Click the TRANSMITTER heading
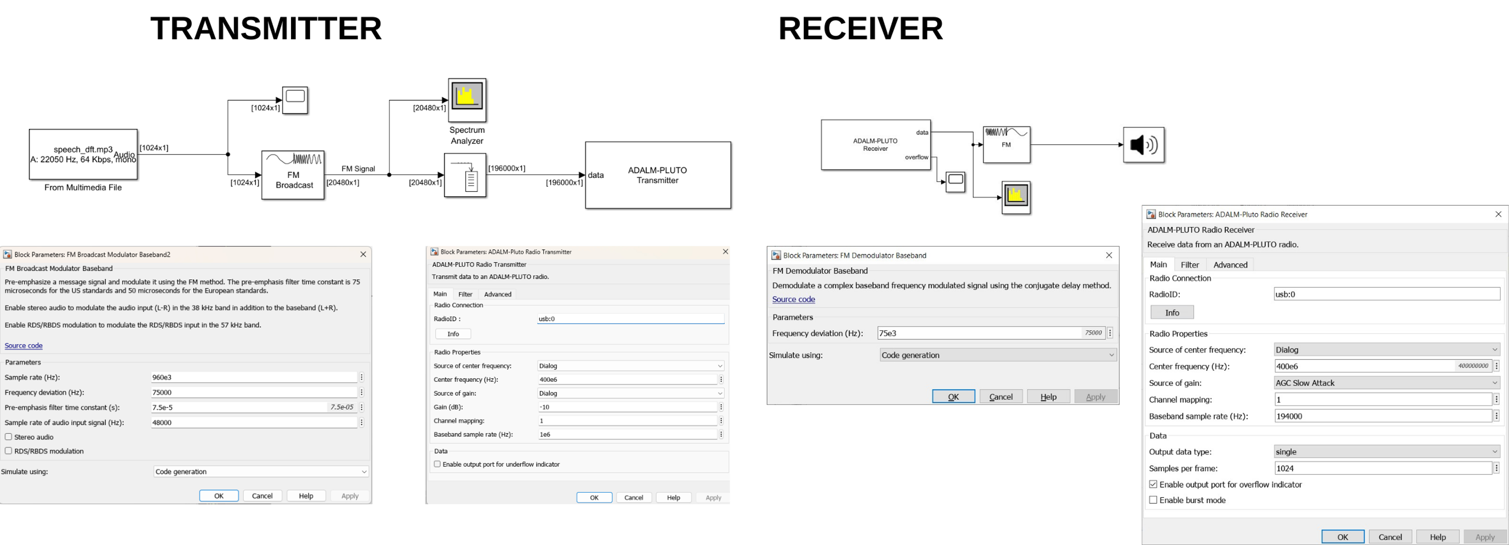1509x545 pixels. [x=265, y=28]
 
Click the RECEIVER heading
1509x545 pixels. [x=860, y=28]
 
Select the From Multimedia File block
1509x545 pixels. [x=83, y=154]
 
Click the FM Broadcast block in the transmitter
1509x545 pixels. [x=293, y=175]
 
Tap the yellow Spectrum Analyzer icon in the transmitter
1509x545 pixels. [x=467, y=97]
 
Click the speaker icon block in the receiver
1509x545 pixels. [x=1143, y=145]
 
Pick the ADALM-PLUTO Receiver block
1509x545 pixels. [x=875, y=145]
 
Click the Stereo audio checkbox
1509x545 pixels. [x=9, y=436]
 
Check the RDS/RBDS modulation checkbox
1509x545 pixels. [x=9, y=451]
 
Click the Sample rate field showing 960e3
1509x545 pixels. [x=253, y=377]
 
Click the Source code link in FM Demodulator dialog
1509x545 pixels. [x=793, y=299]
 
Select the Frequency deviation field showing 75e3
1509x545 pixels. [x=978, y=333]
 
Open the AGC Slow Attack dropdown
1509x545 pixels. [x=1386, y=383]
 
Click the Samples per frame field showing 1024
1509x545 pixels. [x=1382, y=468]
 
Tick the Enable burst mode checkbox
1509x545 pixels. [x=1153, y=500]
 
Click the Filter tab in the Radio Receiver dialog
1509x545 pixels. [x=1189, y=265]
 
